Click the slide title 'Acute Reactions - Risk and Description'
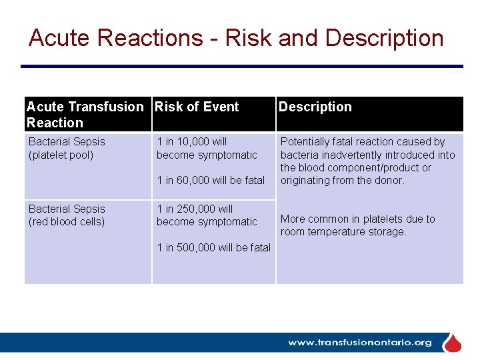[x=236, y=38]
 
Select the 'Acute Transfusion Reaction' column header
[x=85, y=115]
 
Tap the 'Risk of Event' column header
[x=196, y=107]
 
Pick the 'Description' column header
[x=315, y=107]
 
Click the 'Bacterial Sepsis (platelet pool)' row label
[x=67, y=148]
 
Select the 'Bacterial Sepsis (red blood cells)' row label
[x=67, y=215]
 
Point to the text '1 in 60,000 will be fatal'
[x=211, y=180]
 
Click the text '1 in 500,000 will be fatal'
[x=213, y=247]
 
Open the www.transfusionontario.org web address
[x=360, y=343]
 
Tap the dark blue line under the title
[x=241, y=66]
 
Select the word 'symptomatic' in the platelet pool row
[x=226, y=155]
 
